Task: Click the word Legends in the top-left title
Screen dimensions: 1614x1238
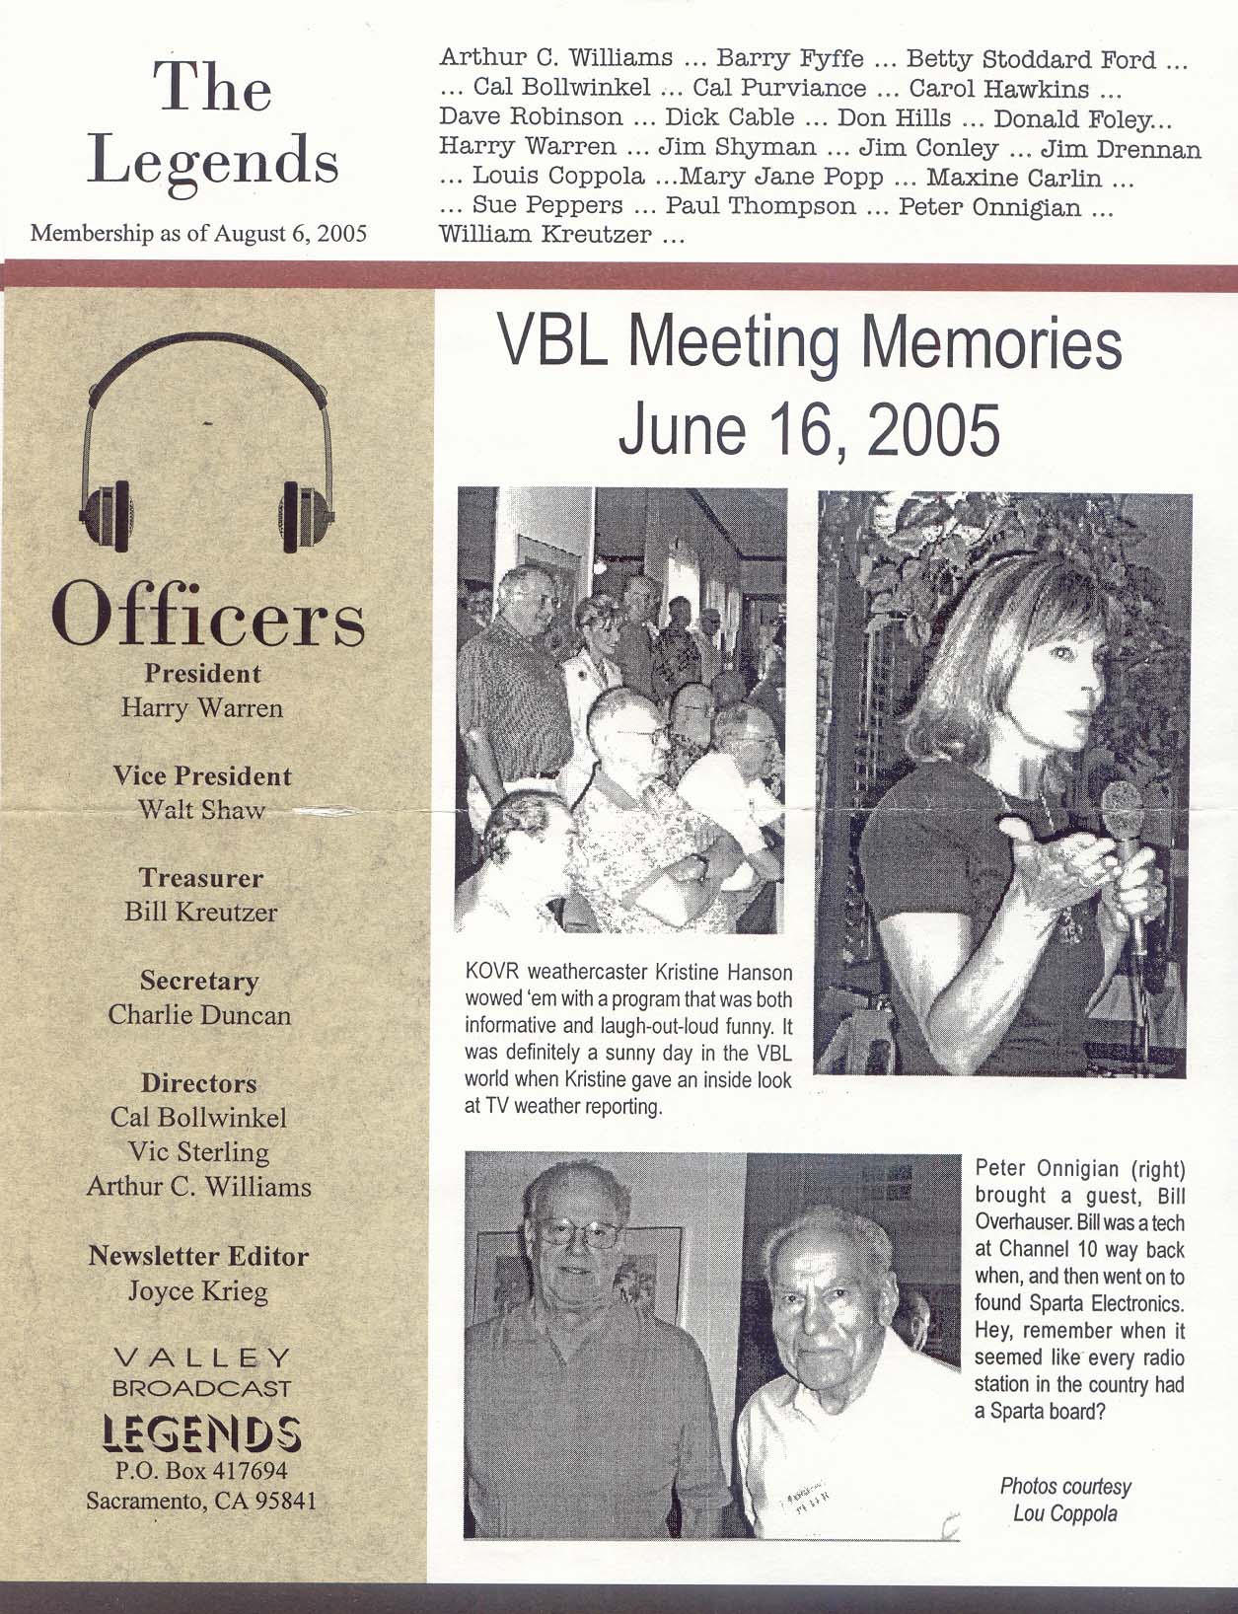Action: pyautogui.click(x=212, y=163)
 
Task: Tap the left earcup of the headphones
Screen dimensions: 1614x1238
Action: pyautogui.click(x=107, y=513)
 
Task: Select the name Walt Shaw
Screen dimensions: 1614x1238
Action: pyautogui.click(x=201, y=810)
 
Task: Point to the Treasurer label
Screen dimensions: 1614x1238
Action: pyautogui.click(x=201, y=878)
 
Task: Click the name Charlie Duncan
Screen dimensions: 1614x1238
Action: pyautogui.click(x=200, y=1014)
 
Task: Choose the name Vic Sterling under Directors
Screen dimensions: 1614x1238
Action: pyautogui.click(x=198, y=1151)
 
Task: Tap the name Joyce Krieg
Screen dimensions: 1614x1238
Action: pyautogui.click(x=198, y=1290)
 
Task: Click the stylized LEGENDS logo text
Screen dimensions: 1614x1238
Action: pyautogui.click(x=202, y=1432)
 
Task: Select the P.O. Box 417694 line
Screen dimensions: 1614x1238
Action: pyautogui.click(x=201, y=1471)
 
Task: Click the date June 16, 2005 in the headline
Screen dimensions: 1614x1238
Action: pyautogui.click(x=808, y=430)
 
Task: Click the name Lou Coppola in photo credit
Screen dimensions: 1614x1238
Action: pyautogui.click(x=1064, y=1513)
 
